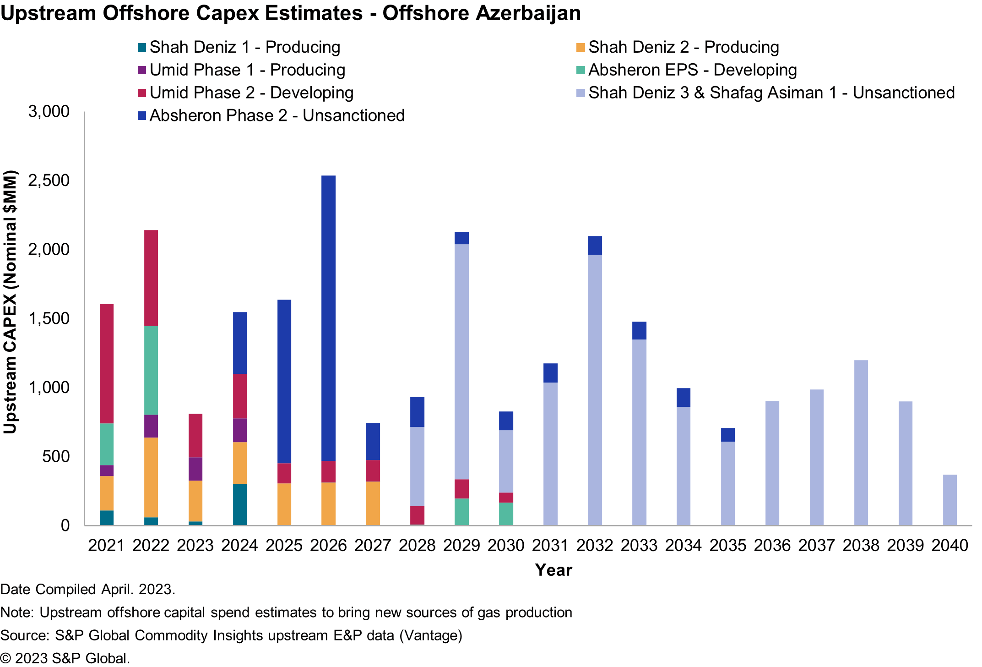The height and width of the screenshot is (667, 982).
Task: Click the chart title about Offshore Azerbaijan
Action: (291, 13)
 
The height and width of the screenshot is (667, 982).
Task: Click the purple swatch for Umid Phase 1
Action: (142, 71)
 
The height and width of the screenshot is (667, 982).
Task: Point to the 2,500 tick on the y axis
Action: (49, 180)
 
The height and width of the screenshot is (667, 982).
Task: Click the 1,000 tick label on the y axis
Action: (49, 388)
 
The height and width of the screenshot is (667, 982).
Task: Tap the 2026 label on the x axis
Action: (328, 546)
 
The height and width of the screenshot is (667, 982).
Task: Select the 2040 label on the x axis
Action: (949, 546)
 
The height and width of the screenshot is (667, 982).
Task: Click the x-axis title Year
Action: (553, 570)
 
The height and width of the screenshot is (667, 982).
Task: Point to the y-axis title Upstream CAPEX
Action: (10, 302)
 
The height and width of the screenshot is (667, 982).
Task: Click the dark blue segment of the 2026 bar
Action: (328, 318)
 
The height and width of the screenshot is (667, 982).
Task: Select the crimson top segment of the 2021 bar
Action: (107, 363)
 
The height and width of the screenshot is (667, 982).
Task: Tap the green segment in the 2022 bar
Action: (151, 370)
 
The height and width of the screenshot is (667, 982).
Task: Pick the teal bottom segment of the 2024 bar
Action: (240, 504)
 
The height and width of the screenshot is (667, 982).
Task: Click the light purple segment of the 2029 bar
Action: (461, 361)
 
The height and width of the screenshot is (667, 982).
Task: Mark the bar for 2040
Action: (949, 500)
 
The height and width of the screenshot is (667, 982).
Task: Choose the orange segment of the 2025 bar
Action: (284, 504)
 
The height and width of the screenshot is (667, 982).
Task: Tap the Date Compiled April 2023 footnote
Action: (88, 590)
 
